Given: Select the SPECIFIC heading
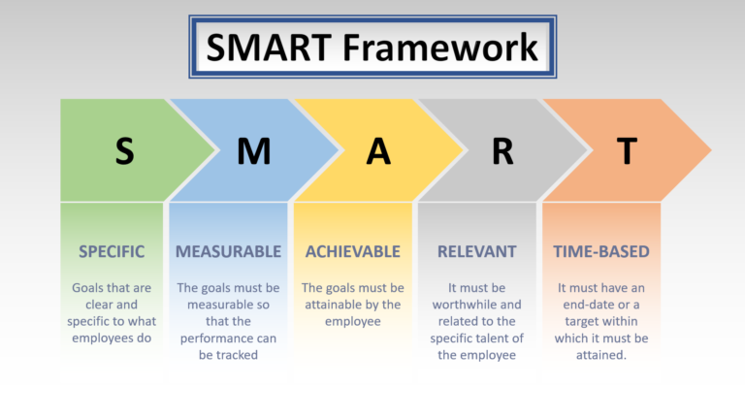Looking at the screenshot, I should [112, 251].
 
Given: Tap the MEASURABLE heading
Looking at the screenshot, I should [228, 251].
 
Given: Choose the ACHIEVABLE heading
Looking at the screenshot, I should [353, 251].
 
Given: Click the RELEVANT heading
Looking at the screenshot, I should [476, 251].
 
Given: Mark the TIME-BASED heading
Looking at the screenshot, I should [601, 251].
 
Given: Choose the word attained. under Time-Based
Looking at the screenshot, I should [601, 355].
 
